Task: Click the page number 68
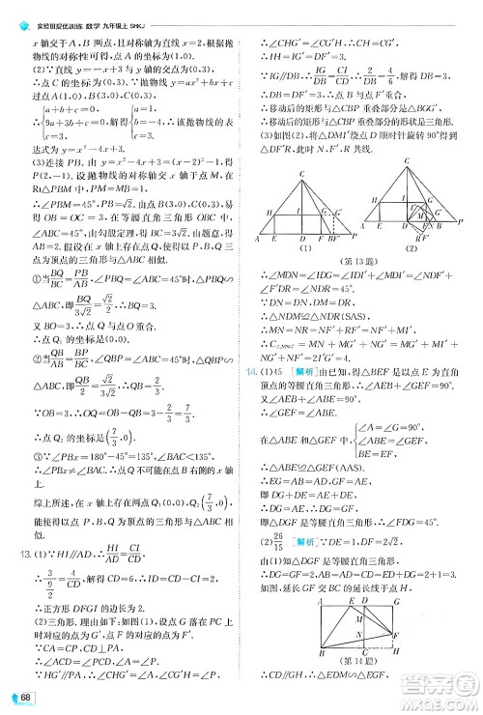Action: (x=19, y=700)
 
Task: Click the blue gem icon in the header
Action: (x=11, y=9)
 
